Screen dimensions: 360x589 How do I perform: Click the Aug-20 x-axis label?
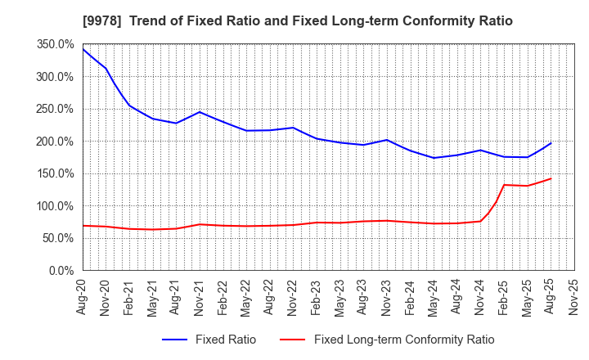[83, 295]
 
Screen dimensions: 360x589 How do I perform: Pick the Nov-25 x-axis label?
[574, 295]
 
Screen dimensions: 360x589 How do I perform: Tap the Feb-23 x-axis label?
[317, 295]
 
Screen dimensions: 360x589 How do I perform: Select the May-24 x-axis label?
[434, 295]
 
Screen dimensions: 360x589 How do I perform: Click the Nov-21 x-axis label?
[200, 295]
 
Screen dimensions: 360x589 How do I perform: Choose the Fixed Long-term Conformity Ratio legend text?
[404, 340]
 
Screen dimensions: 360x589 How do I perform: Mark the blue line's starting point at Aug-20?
[83, 49]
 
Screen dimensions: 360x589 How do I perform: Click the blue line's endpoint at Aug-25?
[551, 143]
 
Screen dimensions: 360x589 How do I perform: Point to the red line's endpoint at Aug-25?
[551, 178]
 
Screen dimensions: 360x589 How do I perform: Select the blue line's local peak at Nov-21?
[200, 112]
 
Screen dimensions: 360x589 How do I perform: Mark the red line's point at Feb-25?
[504, 185]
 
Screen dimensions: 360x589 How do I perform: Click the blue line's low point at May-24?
[434, 158]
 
